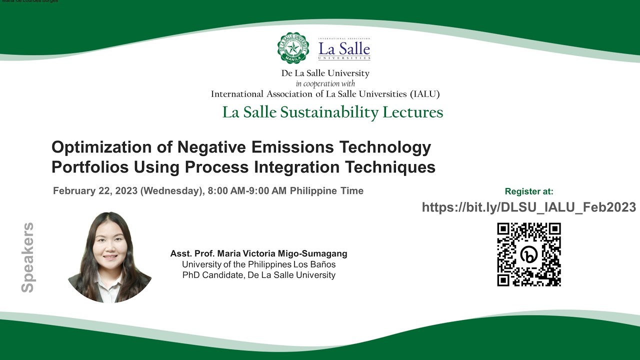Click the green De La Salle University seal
pyautogui.click(x=293, y=47)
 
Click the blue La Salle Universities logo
pyautogui.click(x=344, y=49)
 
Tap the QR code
pyautogui.click(x=529, y=254)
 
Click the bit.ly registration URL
pyautogui.click(x=528, y=207)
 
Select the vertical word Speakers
pyautogui.click(x=28, y=257)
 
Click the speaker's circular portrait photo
pyautogui.click(x=109, y=257)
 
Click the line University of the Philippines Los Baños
pyautogui.click(x=258, y=264)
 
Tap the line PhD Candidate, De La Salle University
pyautogui.click(x=258, y=275)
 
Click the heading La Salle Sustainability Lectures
pyautogui.click(x=332, y=112)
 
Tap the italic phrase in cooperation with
pyautogui.click(x=325, y=83)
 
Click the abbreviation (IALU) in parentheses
pyautogui.click(x=424, y=94)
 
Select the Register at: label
pyautogui.click(x=528, y=191)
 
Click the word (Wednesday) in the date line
pyautogui.click(x=171, y=191)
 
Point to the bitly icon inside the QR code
pyautogui.click(x=528, y=254)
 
